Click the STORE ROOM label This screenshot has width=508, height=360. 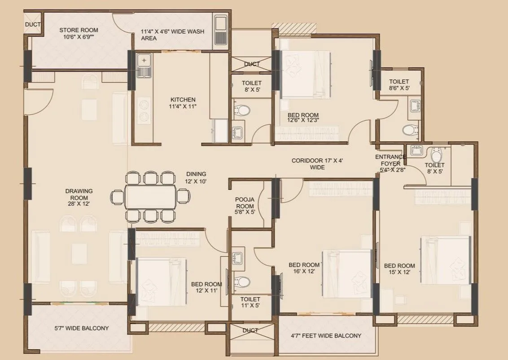pos(79,34)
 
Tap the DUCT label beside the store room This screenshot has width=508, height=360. pos(32,25)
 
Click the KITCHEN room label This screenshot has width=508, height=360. pos(183,103)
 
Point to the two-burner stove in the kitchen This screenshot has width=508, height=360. pos(144,111)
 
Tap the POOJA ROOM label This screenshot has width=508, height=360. pos(245,206)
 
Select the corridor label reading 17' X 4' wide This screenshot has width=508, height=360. pos(317,164)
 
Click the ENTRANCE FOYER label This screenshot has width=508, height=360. pos(390,163)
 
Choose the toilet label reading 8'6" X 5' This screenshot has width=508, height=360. pos(399,85)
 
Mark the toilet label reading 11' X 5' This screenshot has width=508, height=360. pos(250,302)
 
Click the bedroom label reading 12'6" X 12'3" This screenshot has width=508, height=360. pos(303,118)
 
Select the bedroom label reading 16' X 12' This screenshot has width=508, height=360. pos(304,268)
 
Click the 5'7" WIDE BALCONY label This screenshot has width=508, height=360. pos(81,328)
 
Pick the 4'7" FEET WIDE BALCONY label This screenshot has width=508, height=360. pos(326,336)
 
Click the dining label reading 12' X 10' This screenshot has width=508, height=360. pos(196,178)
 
